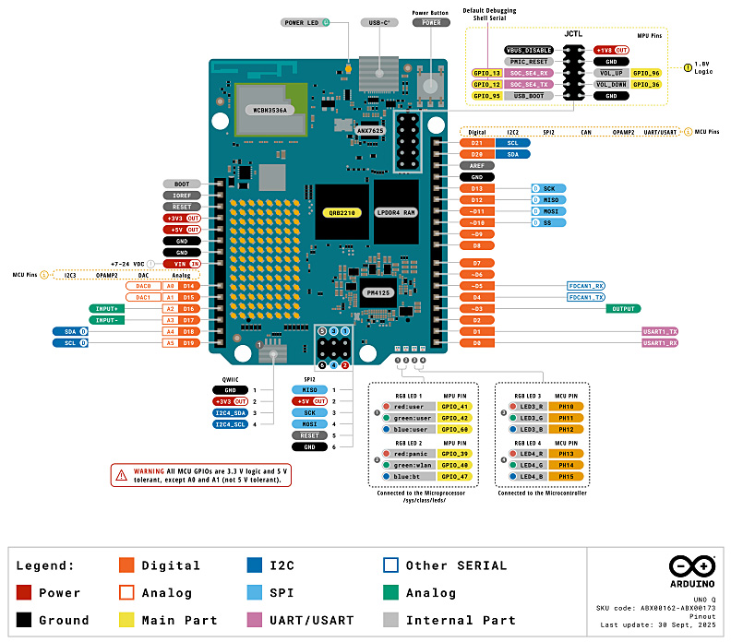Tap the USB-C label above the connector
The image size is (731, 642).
pyautogui.click(x=378, y=22)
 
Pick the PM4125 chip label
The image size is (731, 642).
pyautogui.click(x=381, y=292)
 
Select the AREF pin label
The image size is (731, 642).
pyautogui.click(x=476, y=165)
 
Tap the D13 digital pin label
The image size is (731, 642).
pyautogui.click(x=476, y=188)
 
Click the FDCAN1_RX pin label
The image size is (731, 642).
pyautogui.click(x=586, y=286)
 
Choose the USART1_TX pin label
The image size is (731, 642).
pyautogui.click(x=660, y=331)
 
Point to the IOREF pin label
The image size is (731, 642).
pyautogui.click(x=182, y=196)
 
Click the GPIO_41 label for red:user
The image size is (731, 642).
pyautogui.click(x=457, y=406)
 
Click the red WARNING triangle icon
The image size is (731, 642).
pyautogui.click(x=121, y=475)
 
